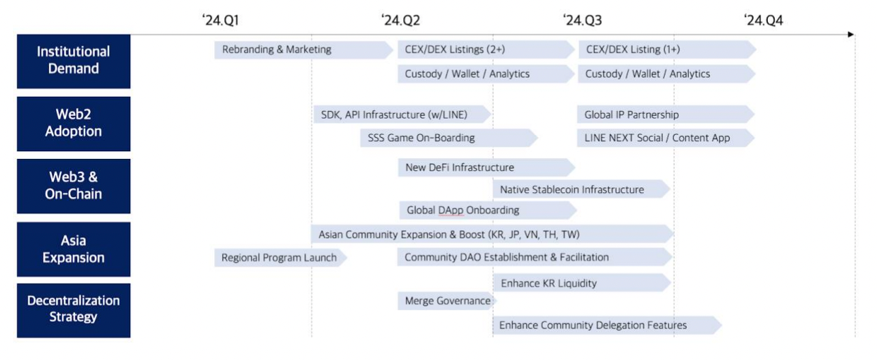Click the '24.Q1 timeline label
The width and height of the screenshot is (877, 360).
[220, 20]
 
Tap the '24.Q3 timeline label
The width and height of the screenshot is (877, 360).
[582, 20]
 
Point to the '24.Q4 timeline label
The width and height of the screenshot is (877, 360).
[764, 20]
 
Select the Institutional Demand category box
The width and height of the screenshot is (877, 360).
[74, 61]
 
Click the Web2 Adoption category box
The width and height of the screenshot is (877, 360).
[74, 123]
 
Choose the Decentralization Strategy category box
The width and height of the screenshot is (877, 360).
[74, 310]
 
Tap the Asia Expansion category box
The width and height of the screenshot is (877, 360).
[74, 250]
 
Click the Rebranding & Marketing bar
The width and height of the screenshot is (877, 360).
[303, 50]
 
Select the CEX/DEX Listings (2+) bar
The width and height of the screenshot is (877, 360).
[486, 50]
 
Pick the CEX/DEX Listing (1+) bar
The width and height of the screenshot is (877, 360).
[668, 50]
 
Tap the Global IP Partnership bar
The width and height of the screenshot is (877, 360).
[666, 115]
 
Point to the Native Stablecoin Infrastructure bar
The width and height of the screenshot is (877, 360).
[582, 190]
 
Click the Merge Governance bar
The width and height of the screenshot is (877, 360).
[447, 301]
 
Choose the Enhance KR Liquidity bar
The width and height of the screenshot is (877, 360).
[582, 283]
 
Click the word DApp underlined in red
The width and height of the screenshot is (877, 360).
[451, 210]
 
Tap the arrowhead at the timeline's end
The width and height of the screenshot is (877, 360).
[850, 35]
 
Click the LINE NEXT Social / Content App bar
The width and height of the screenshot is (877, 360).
[666, 138]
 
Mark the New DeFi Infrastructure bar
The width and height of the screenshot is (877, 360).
[487, 168]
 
